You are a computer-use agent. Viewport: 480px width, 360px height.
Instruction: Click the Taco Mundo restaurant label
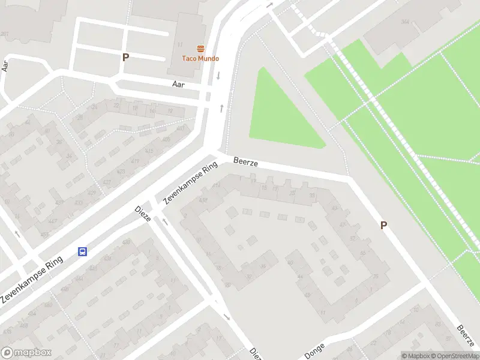coord(200,58)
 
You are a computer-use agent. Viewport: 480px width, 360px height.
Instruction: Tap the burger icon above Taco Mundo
coord(200,49)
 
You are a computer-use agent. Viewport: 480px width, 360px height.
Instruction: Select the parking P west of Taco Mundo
coord(125,58)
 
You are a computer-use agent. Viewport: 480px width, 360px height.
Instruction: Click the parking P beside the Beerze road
coord(383,226)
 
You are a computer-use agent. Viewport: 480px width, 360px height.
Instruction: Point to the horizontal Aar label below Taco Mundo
coord(178,85)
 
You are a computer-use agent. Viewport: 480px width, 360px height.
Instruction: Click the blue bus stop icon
coord(82,252)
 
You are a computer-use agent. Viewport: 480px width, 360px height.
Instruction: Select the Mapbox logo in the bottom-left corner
coord(27,353)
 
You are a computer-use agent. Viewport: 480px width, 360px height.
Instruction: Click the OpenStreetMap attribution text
coord(454,356)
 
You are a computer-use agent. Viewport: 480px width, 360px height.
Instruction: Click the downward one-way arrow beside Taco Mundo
coord(218,76)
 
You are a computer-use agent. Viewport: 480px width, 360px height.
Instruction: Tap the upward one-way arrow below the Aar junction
coord(222,108)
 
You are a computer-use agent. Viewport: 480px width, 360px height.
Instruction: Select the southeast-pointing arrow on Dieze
coord(227,317)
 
